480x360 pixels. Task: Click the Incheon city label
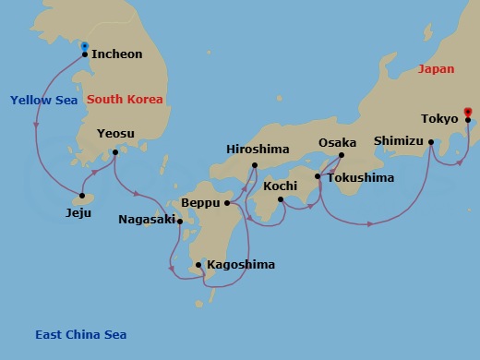(117, 54)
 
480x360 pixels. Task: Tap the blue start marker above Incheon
(85, 46)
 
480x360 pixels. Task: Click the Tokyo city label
(438, 119)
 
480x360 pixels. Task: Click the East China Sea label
(80, 335)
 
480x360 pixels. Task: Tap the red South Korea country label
(125, 99)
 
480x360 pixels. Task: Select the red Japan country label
(437, 69)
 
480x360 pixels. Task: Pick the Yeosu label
(115, 134)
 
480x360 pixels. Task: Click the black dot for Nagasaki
(180, 221)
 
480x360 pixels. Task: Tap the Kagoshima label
(241, 265)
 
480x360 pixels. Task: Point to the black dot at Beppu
(226, 202)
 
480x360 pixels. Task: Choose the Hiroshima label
(258, 150)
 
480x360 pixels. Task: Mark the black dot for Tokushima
(318, 176)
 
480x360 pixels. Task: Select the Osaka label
(337, 143)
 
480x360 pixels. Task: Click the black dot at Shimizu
(431, 141)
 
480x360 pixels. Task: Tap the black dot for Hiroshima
(255, 165)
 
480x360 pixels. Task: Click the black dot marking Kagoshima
(198, 266)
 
